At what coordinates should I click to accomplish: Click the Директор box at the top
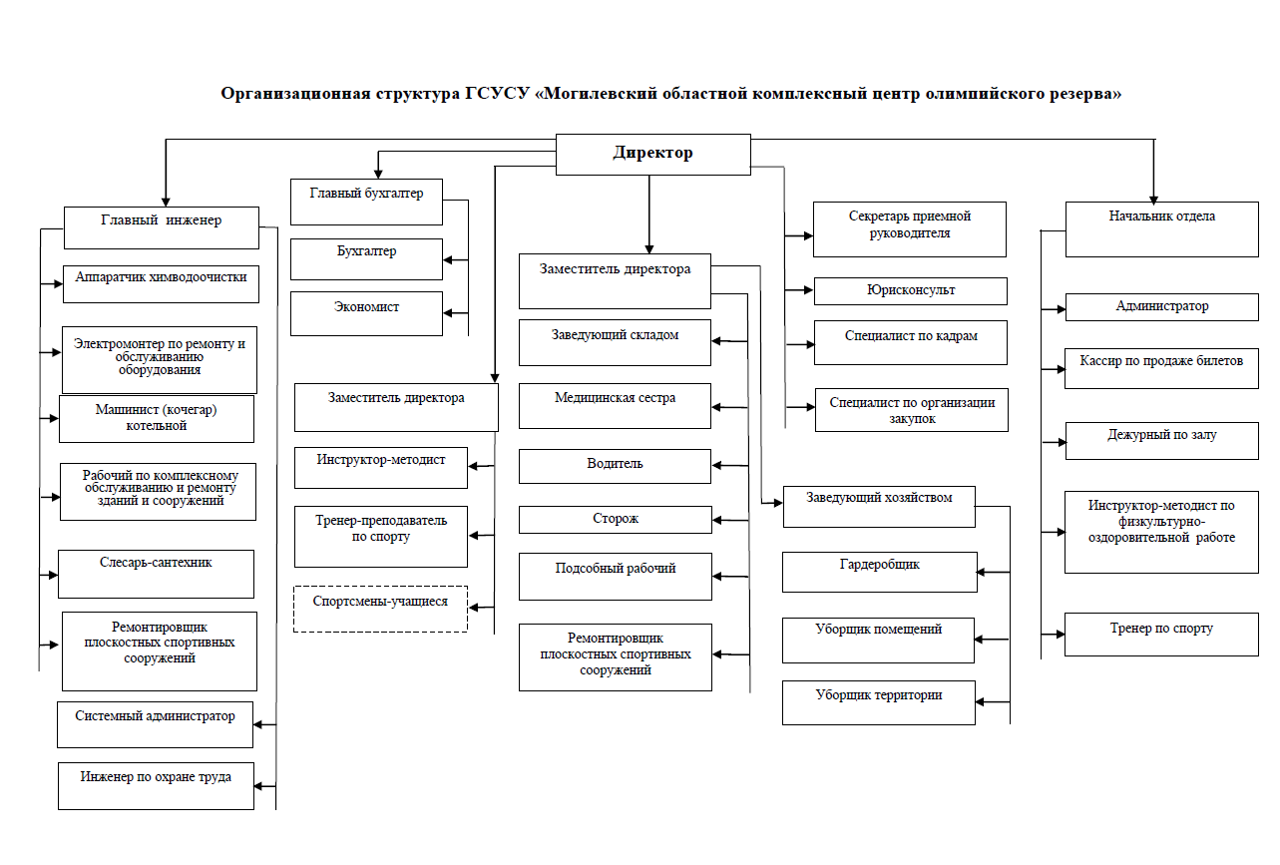(x=653, y=155)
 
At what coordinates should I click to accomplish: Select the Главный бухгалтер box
(x=366, y=202)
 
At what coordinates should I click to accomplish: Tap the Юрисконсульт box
(x=910, y=291)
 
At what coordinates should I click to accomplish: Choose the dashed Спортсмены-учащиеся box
(x=380, y=609)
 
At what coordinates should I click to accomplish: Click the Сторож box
(x=616, y=520)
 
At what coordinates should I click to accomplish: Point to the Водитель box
(x=615, y=466)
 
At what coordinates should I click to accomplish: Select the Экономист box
(x=366, y=313)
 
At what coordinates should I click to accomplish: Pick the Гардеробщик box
(x=879, y=572)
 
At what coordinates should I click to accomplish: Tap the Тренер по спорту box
(x=1161, y=635)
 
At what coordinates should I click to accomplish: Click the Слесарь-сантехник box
(x=156, y=575)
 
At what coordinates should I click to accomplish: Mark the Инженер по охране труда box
(x=156, y=786)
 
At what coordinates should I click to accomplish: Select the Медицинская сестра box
(x=615, y=406)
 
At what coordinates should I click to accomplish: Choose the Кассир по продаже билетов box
(x=1161, y=368)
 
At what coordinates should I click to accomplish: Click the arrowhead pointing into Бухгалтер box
(x=448, y=260)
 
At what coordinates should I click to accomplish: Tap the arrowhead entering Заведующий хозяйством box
(x=777, y=503)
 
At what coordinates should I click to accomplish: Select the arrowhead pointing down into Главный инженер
(x=166, y=202)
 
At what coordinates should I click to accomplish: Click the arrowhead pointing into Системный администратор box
(x=258, y=724)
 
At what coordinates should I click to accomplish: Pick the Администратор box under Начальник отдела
(x=1161, y=307)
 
